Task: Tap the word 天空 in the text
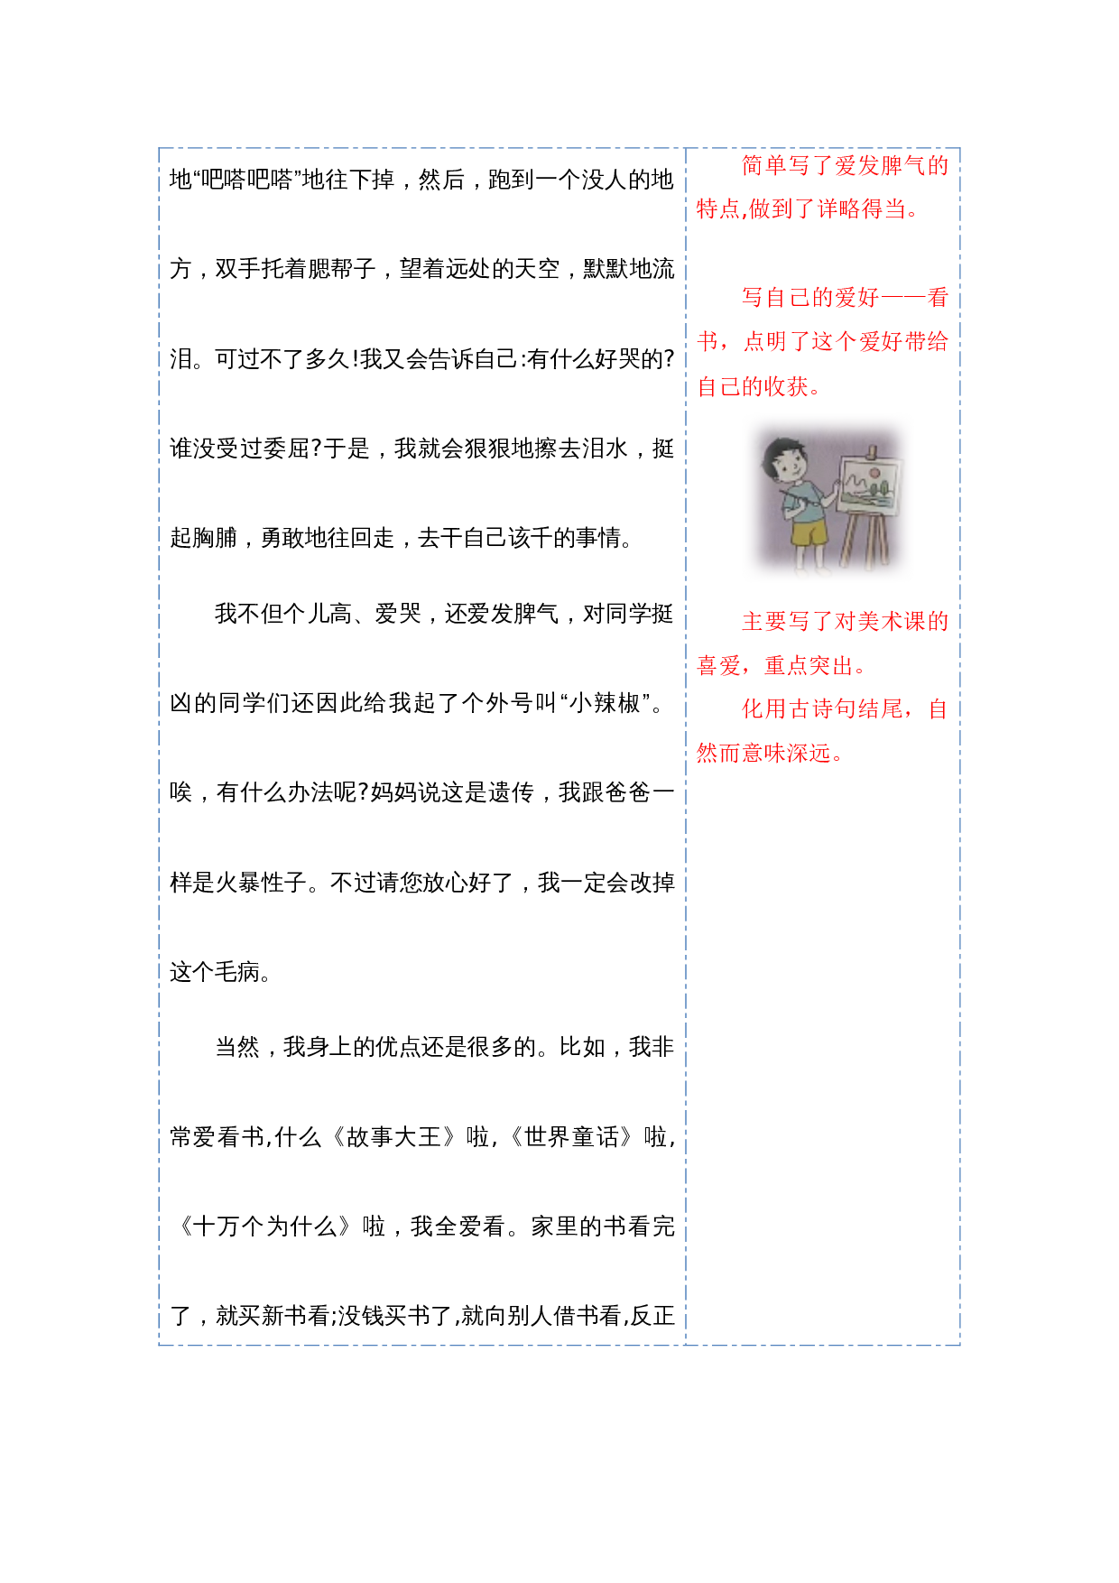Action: point(537,269)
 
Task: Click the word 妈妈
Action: point(393,792)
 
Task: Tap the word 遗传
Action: point(512,792)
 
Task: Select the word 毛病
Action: point(238,972)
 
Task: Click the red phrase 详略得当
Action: point(862,209)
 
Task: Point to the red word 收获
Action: point(786,387)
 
